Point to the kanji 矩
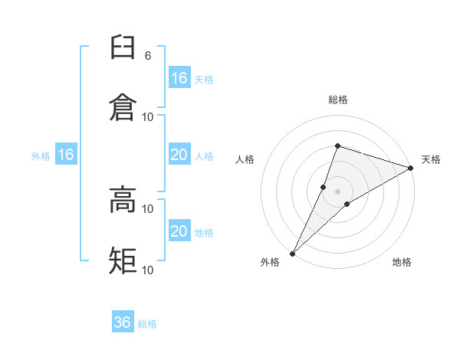(x=123, y=260)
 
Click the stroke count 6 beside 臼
(x=147, y=56)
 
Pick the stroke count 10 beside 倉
(x=148, y=116)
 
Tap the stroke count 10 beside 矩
(x=148, y=270)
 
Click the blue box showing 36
(x=123, y=322)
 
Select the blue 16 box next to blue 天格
(x=179, y=78)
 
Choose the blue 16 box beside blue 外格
(x=66, y=155)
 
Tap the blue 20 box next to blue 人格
(x=179, y=155)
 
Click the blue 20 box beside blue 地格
(x=179, y=231)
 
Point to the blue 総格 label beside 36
(x=147, y=324)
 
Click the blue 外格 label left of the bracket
(x=41, y=156)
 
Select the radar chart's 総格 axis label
(x=337, y=100)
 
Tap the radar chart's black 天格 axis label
(x=431, y=159)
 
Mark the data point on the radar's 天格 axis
(x=411, y=168)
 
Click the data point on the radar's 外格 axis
(x=292, y=254)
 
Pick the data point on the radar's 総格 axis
(x=337, y=146)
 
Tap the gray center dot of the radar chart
(x=337, y=191)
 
